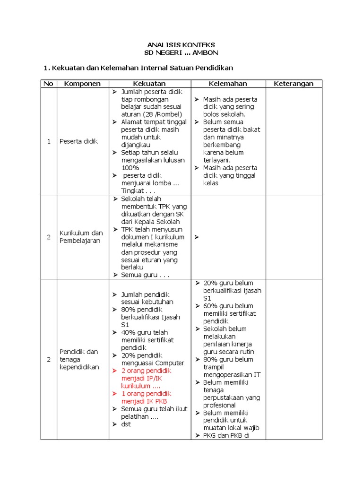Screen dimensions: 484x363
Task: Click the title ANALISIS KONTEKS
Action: pyautogui.click(x=181, y=44)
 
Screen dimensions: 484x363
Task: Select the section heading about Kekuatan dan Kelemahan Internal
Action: pyautogui.click(x=138, y=68)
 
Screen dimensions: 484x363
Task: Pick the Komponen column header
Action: pyautogui.click(x=82, y=84)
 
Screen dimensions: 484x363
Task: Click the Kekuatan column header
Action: pyautogui.click(x=149, y=84)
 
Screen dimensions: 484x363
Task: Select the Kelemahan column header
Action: pyautogui.click(x=228, y=84)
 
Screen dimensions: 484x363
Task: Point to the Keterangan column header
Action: pyautogui.click(x=294, y=84)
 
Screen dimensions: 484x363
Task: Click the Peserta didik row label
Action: pyautogui.click(x=79, y=141)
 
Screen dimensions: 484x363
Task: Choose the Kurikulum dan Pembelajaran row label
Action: pyautogui.click(x=81, y=237)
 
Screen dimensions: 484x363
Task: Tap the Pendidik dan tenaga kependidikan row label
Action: pyautogui.click(x=79, y=359)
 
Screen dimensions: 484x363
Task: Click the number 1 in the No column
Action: pyautogui.click(x=49, y=141)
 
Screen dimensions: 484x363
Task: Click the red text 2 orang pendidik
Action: pyautogui.click(x=146, y=371)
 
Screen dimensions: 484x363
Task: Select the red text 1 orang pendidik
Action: pyautogui.click(x=146, y=394)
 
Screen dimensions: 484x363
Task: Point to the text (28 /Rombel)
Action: pyautogui.click(x=160, y=114)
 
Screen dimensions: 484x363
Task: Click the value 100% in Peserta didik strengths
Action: pyautogui.click(x=130, y=168)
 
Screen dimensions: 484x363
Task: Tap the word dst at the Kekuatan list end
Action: pyautogui.click(x=126, y=424)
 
